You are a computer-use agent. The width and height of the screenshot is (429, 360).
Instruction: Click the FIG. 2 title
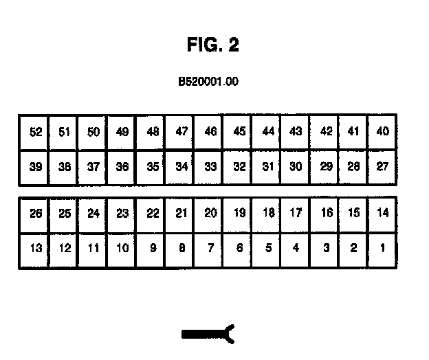212,45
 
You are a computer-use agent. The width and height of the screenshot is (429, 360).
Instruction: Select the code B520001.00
208,82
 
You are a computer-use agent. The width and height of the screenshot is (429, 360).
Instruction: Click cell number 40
383,132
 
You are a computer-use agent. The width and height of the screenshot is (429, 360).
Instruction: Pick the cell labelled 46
210,132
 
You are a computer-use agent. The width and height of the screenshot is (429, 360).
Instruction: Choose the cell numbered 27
383,167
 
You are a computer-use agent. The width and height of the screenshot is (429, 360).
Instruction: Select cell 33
210,167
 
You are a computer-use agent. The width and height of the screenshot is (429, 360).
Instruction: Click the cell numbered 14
383,214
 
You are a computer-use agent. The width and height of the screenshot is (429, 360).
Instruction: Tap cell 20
210,214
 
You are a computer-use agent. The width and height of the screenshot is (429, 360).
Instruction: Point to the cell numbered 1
383,249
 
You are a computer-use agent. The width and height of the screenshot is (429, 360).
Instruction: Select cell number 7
210,249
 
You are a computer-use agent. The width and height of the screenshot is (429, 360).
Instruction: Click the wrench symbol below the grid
209,334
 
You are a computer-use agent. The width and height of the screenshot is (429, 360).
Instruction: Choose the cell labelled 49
122,132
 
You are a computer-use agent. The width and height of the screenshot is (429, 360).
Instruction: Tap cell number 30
296,167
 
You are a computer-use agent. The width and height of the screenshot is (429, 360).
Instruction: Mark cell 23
122,214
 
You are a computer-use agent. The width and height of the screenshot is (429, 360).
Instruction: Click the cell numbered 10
122,249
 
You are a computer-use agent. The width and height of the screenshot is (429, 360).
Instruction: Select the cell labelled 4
296,249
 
